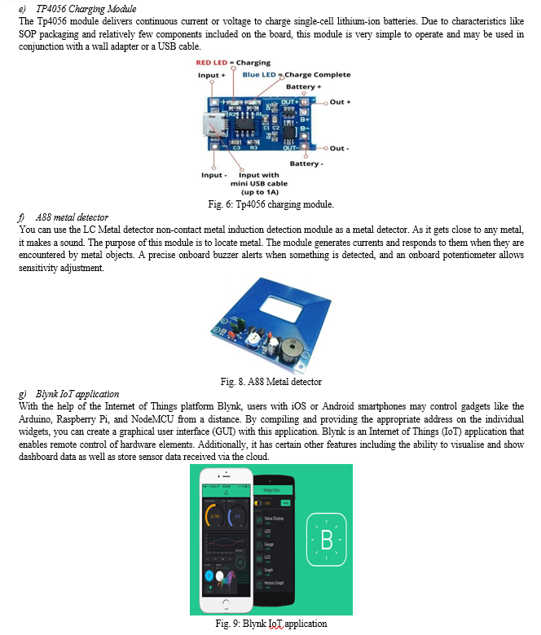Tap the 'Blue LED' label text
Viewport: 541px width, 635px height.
[x=259, y=75]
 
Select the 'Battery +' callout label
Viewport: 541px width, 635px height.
[x=304, y=86]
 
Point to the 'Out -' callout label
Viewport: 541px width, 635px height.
[x=339, y=148]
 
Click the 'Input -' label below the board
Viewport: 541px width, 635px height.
[x=213, y=175]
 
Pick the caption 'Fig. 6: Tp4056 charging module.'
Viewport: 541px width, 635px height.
[x=270, y=204]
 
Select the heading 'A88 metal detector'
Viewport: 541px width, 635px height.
[x=72, y=217]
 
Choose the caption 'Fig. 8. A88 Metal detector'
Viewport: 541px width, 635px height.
[x=270, y=382]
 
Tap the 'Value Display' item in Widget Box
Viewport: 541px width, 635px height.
[x=276, y=518]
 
